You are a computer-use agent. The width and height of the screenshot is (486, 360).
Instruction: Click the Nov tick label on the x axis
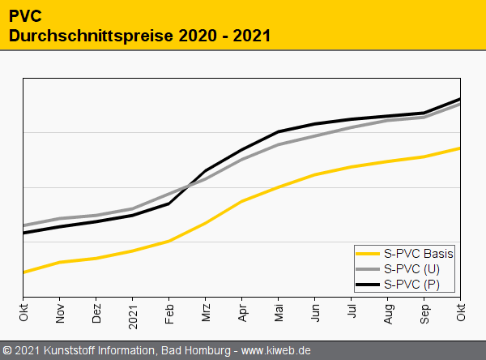point(60,313)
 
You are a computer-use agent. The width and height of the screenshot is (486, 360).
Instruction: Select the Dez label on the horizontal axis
point(96,313)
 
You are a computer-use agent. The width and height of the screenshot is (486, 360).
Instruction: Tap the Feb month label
point(169,313)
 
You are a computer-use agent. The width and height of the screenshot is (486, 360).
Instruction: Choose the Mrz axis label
point(206,313)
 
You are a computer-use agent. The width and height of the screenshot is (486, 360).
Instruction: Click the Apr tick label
point(242,313)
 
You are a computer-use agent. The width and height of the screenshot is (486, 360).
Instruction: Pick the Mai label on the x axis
point(279,313)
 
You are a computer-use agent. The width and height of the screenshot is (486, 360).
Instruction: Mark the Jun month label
point(315,313)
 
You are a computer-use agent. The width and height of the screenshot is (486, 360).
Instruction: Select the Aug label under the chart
point(388,313)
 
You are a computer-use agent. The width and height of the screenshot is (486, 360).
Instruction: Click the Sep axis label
point(424,313)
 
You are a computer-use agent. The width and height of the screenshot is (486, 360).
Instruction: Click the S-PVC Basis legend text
point(418,254)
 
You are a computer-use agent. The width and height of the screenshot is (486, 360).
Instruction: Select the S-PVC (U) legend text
point(411,268)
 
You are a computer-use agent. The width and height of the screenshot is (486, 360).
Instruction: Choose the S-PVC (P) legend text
point(411,283)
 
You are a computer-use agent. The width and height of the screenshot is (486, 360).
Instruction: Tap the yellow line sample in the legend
point(368,254)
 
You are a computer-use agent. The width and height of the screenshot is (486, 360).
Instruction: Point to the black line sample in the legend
point(368,283)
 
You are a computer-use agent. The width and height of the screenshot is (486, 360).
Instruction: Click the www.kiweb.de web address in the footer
point(276,351)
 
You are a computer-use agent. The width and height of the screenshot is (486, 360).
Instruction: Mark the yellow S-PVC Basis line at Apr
point(242,201)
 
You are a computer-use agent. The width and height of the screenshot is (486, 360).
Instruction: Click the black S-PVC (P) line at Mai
point(279,131)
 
